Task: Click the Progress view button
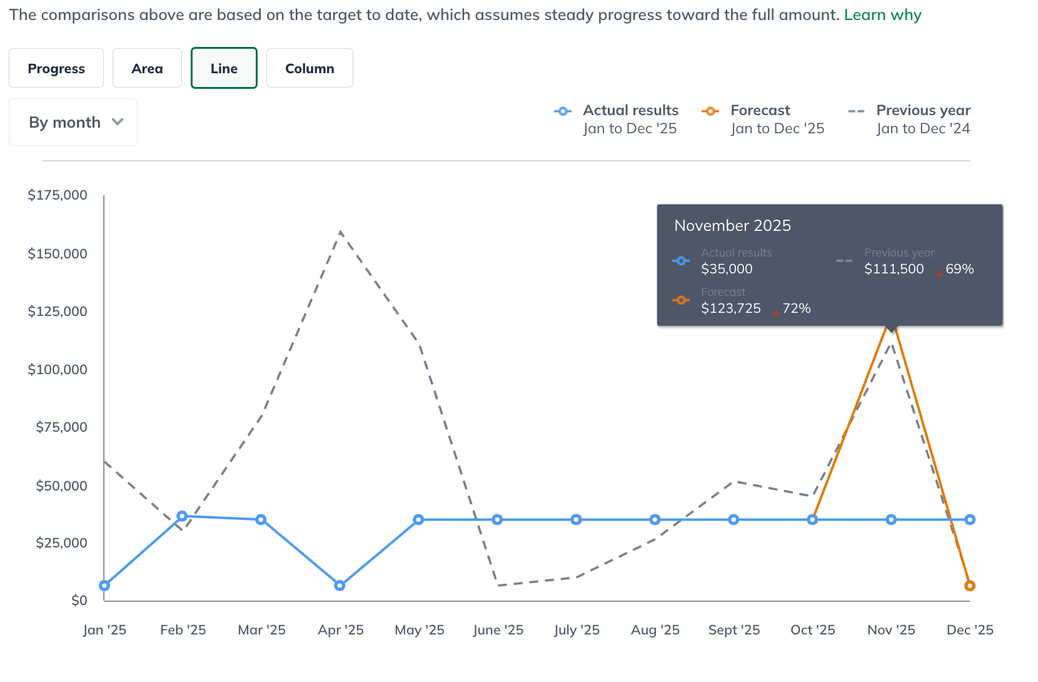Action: click(x=56, y=68)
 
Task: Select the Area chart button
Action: click(x=147, y=68)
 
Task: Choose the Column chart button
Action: click(x=310, y=68)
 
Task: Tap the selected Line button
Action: click(x=224, y=68)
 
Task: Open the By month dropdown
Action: click(x=73, y=122)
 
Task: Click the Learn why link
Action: click(x=882, y=14)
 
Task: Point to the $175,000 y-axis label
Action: click(x=58, y=195)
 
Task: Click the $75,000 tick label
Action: click(x=61, y=427)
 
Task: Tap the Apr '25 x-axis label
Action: click(x=340, y=630)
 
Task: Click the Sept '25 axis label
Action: click(x=733, y=630)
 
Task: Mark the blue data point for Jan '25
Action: click(x=104, y=586)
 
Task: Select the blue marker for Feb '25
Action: click(x=182, y=516)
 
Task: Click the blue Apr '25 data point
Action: click(x=340, y=586)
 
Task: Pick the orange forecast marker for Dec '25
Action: click(x=970, y=586)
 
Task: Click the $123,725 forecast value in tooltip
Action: click(x=730, y=308)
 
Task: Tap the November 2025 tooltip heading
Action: click(x=732, y=226)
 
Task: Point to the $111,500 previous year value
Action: click(x=894, y=269)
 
